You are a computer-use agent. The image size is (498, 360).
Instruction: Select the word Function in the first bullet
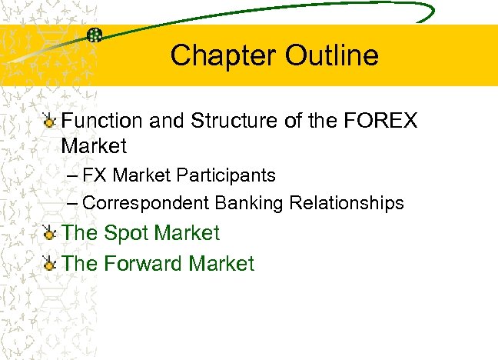[x=102, y=121]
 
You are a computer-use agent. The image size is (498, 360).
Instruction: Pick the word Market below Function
[x=94, y=145]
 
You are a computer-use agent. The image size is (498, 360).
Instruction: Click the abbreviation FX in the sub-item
[x=95, y=175]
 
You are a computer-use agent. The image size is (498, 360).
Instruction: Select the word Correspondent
[x=144, y=203]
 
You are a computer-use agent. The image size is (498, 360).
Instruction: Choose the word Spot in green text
[x=126, y=233]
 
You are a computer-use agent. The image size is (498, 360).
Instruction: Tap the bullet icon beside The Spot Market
[x=50, y=233]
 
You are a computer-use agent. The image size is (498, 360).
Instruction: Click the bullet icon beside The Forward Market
[x=50, y=264]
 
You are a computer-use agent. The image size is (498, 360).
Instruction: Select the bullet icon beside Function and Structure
[x=50, y=121]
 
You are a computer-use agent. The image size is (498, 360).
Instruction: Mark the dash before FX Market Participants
[x=71, y=175]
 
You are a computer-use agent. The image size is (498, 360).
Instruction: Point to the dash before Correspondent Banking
[x=71, y=203]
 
